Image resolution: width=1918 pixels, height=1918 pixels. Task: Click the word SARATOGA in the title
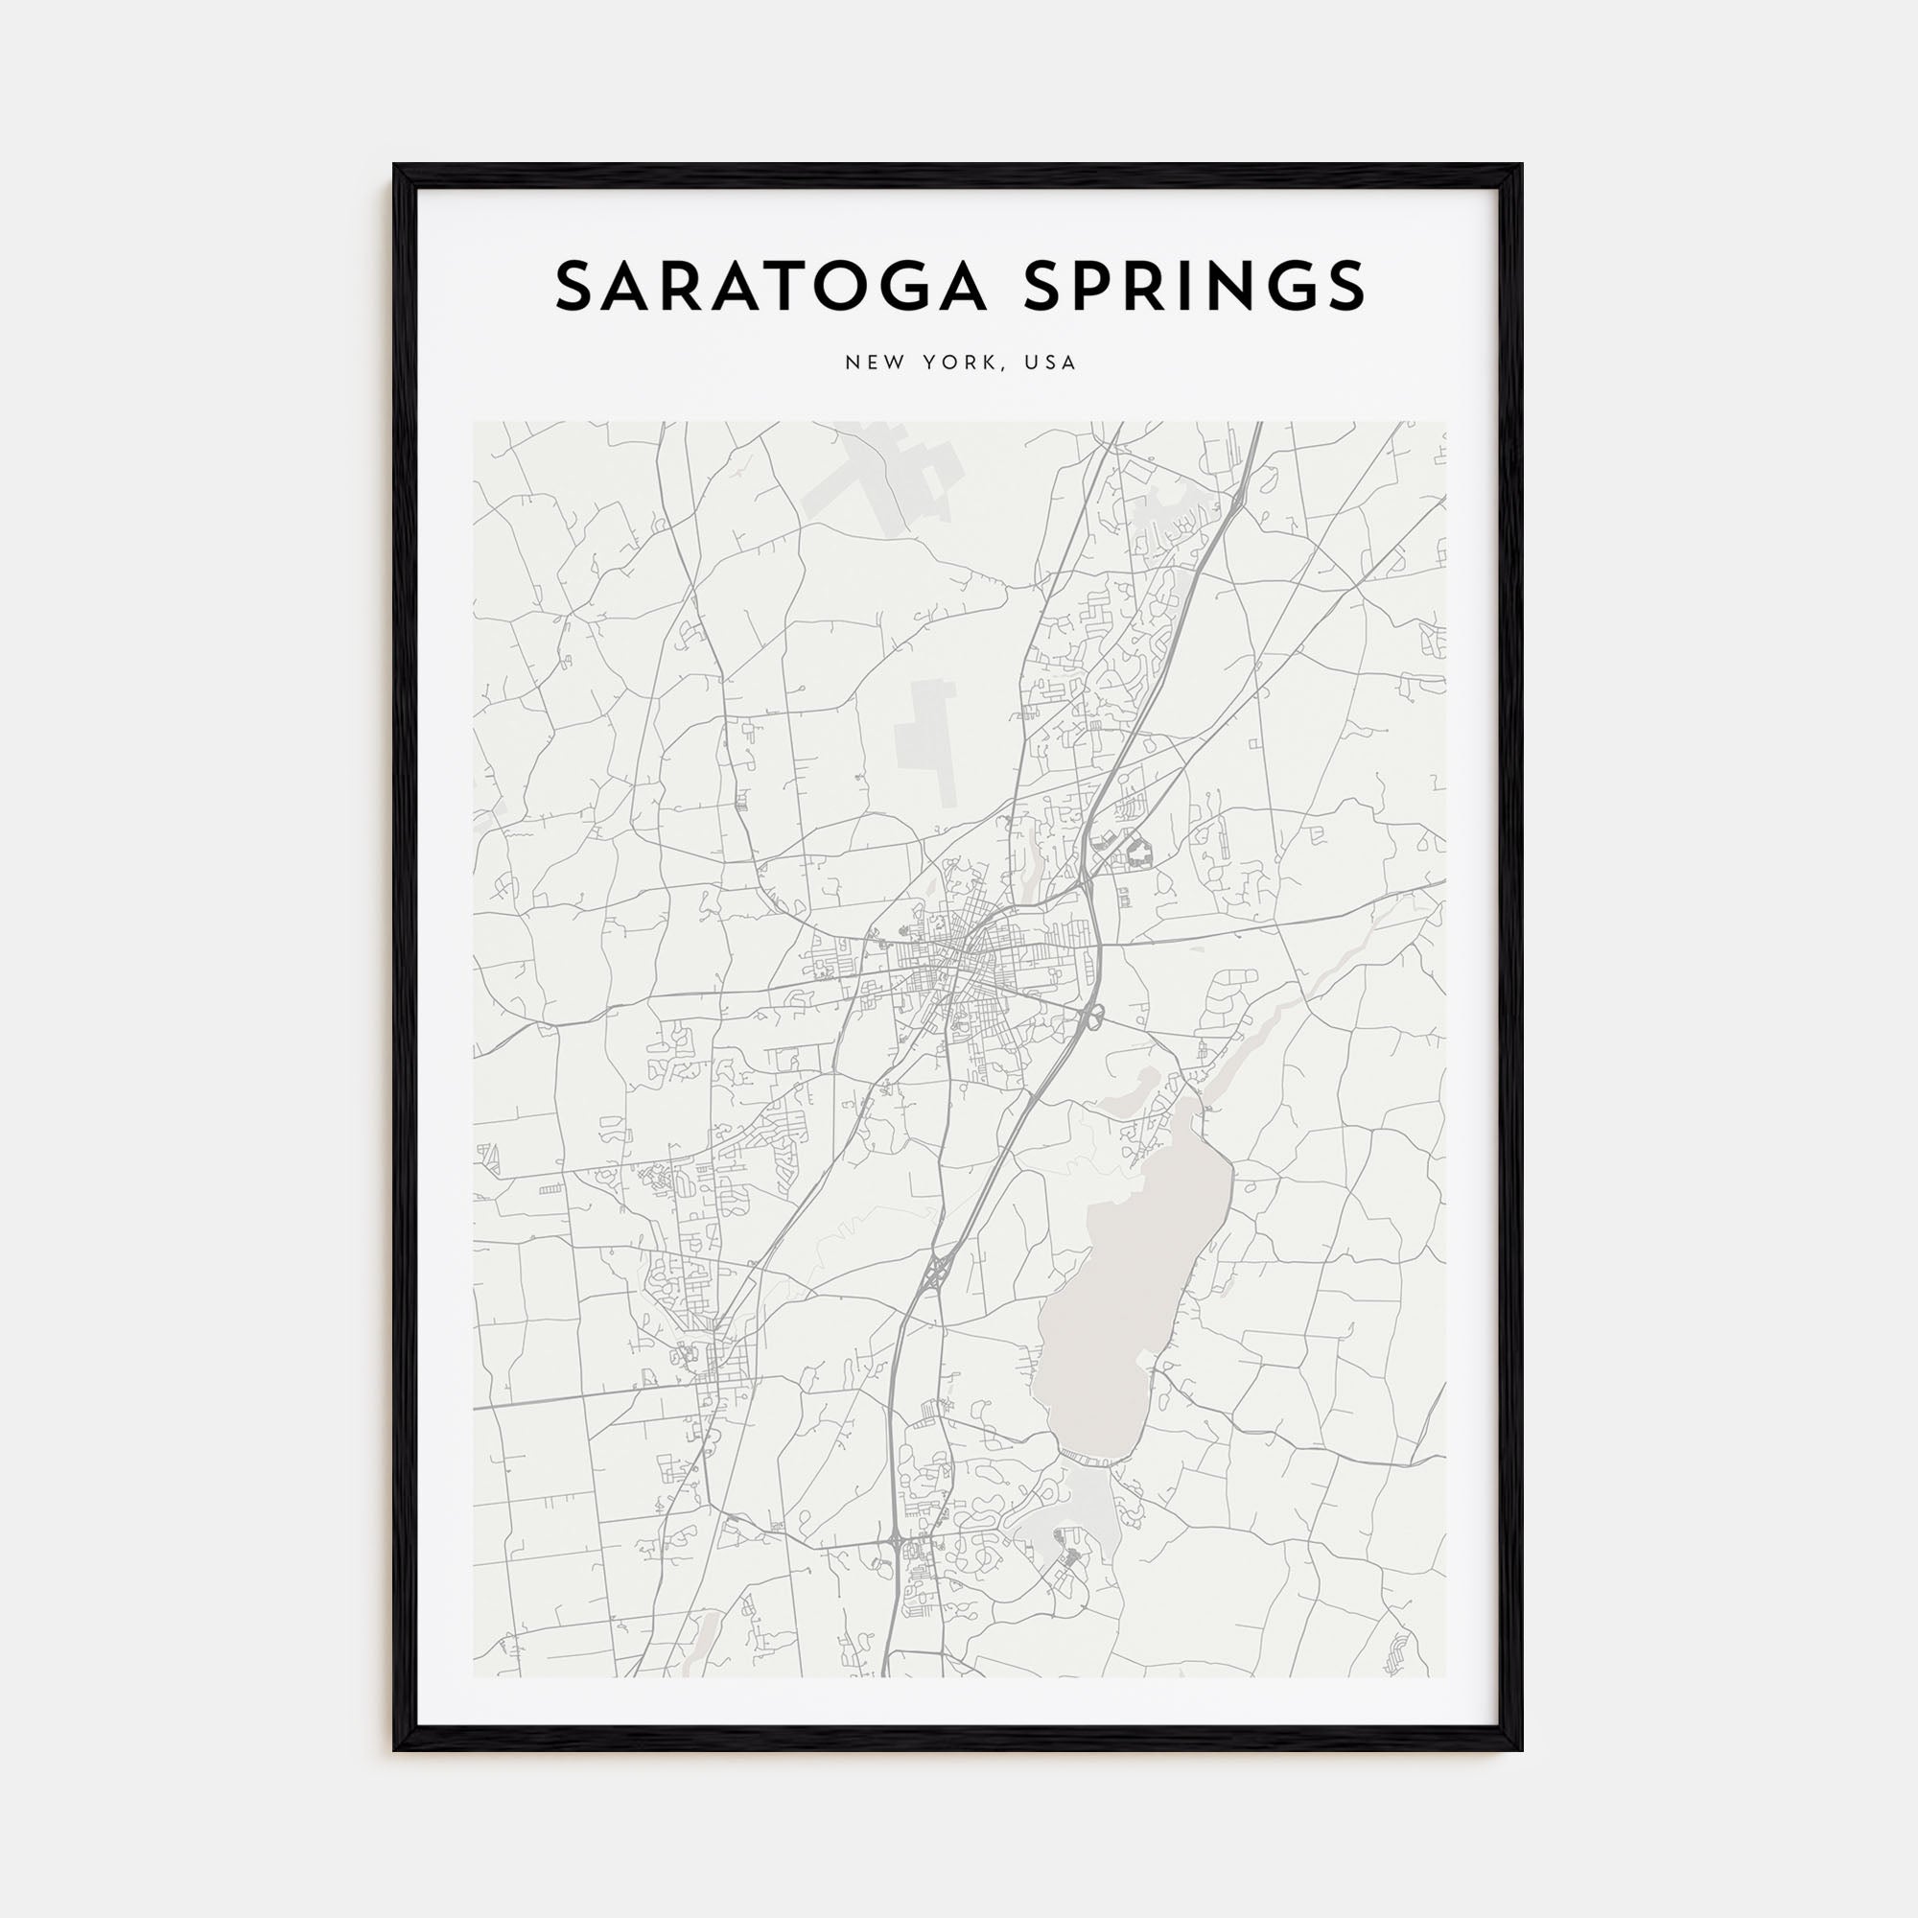[772, 286]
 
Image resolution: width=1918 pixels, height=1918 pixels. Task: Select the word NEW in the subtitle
[868, 363]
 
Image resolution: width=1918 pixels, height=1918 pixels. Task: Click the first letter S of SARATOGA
[573, 286]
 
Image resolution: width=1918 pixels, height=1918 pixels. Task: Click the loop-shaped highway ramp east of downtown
[1093, 1015]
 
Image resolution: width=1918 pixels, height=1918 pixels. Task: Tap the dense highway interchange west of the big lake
[937, 1272]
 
